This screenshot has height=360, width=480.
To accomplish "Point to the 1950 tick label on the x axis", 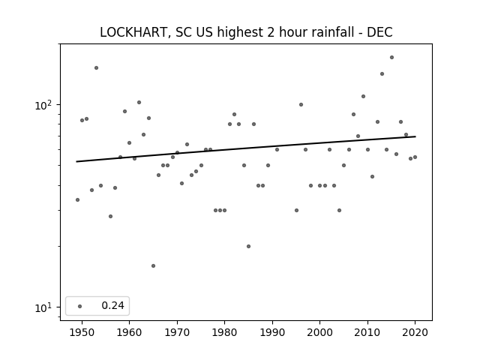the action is [x=82, y=332].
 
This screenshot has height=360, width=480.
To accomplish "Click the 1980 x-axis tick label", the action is [x=224, y=332].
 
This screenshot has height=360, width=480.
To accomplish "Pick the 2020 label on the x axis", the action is [x=415, y=332].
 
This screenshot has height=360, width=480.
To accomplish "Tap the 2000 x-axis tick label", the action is [x=320, y=332].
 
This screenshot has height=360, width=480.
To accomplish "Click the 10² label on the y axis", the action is [x=43, y=105].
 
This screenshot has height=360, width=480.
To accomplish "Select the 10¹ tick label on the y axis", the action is [x=43, y=307].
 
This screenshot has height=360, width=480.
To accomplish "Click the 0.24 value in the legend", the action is [x=112, y=305].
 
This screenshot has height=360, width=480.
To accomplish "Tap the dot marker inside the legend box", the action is [x=80, y=306].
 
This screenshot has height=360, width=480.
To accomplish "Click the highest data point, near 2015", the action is [x=391, y=57].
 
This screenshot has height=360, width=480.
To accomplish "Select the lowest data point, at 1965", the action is [x=153, y=265].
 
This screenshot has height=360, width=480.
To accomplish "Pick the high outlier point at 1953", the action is [x=97, y=67].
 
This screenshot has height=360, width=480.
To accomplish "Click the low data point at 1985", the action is [x=248, y=246].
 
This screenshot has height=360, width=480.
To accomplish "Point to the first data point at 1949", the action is [x=77, y=200].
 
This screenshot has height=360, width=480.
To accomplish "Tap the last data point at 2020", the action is [x=415, y=157].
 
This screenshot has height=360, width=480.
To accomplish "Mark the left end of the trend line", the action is [x=76, y=162].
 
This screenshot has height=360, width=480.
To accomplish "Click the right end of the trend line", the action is [x=415, y=136].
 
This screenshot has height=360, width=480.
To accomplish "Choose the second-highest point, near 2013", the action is [x=382, y=73].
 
